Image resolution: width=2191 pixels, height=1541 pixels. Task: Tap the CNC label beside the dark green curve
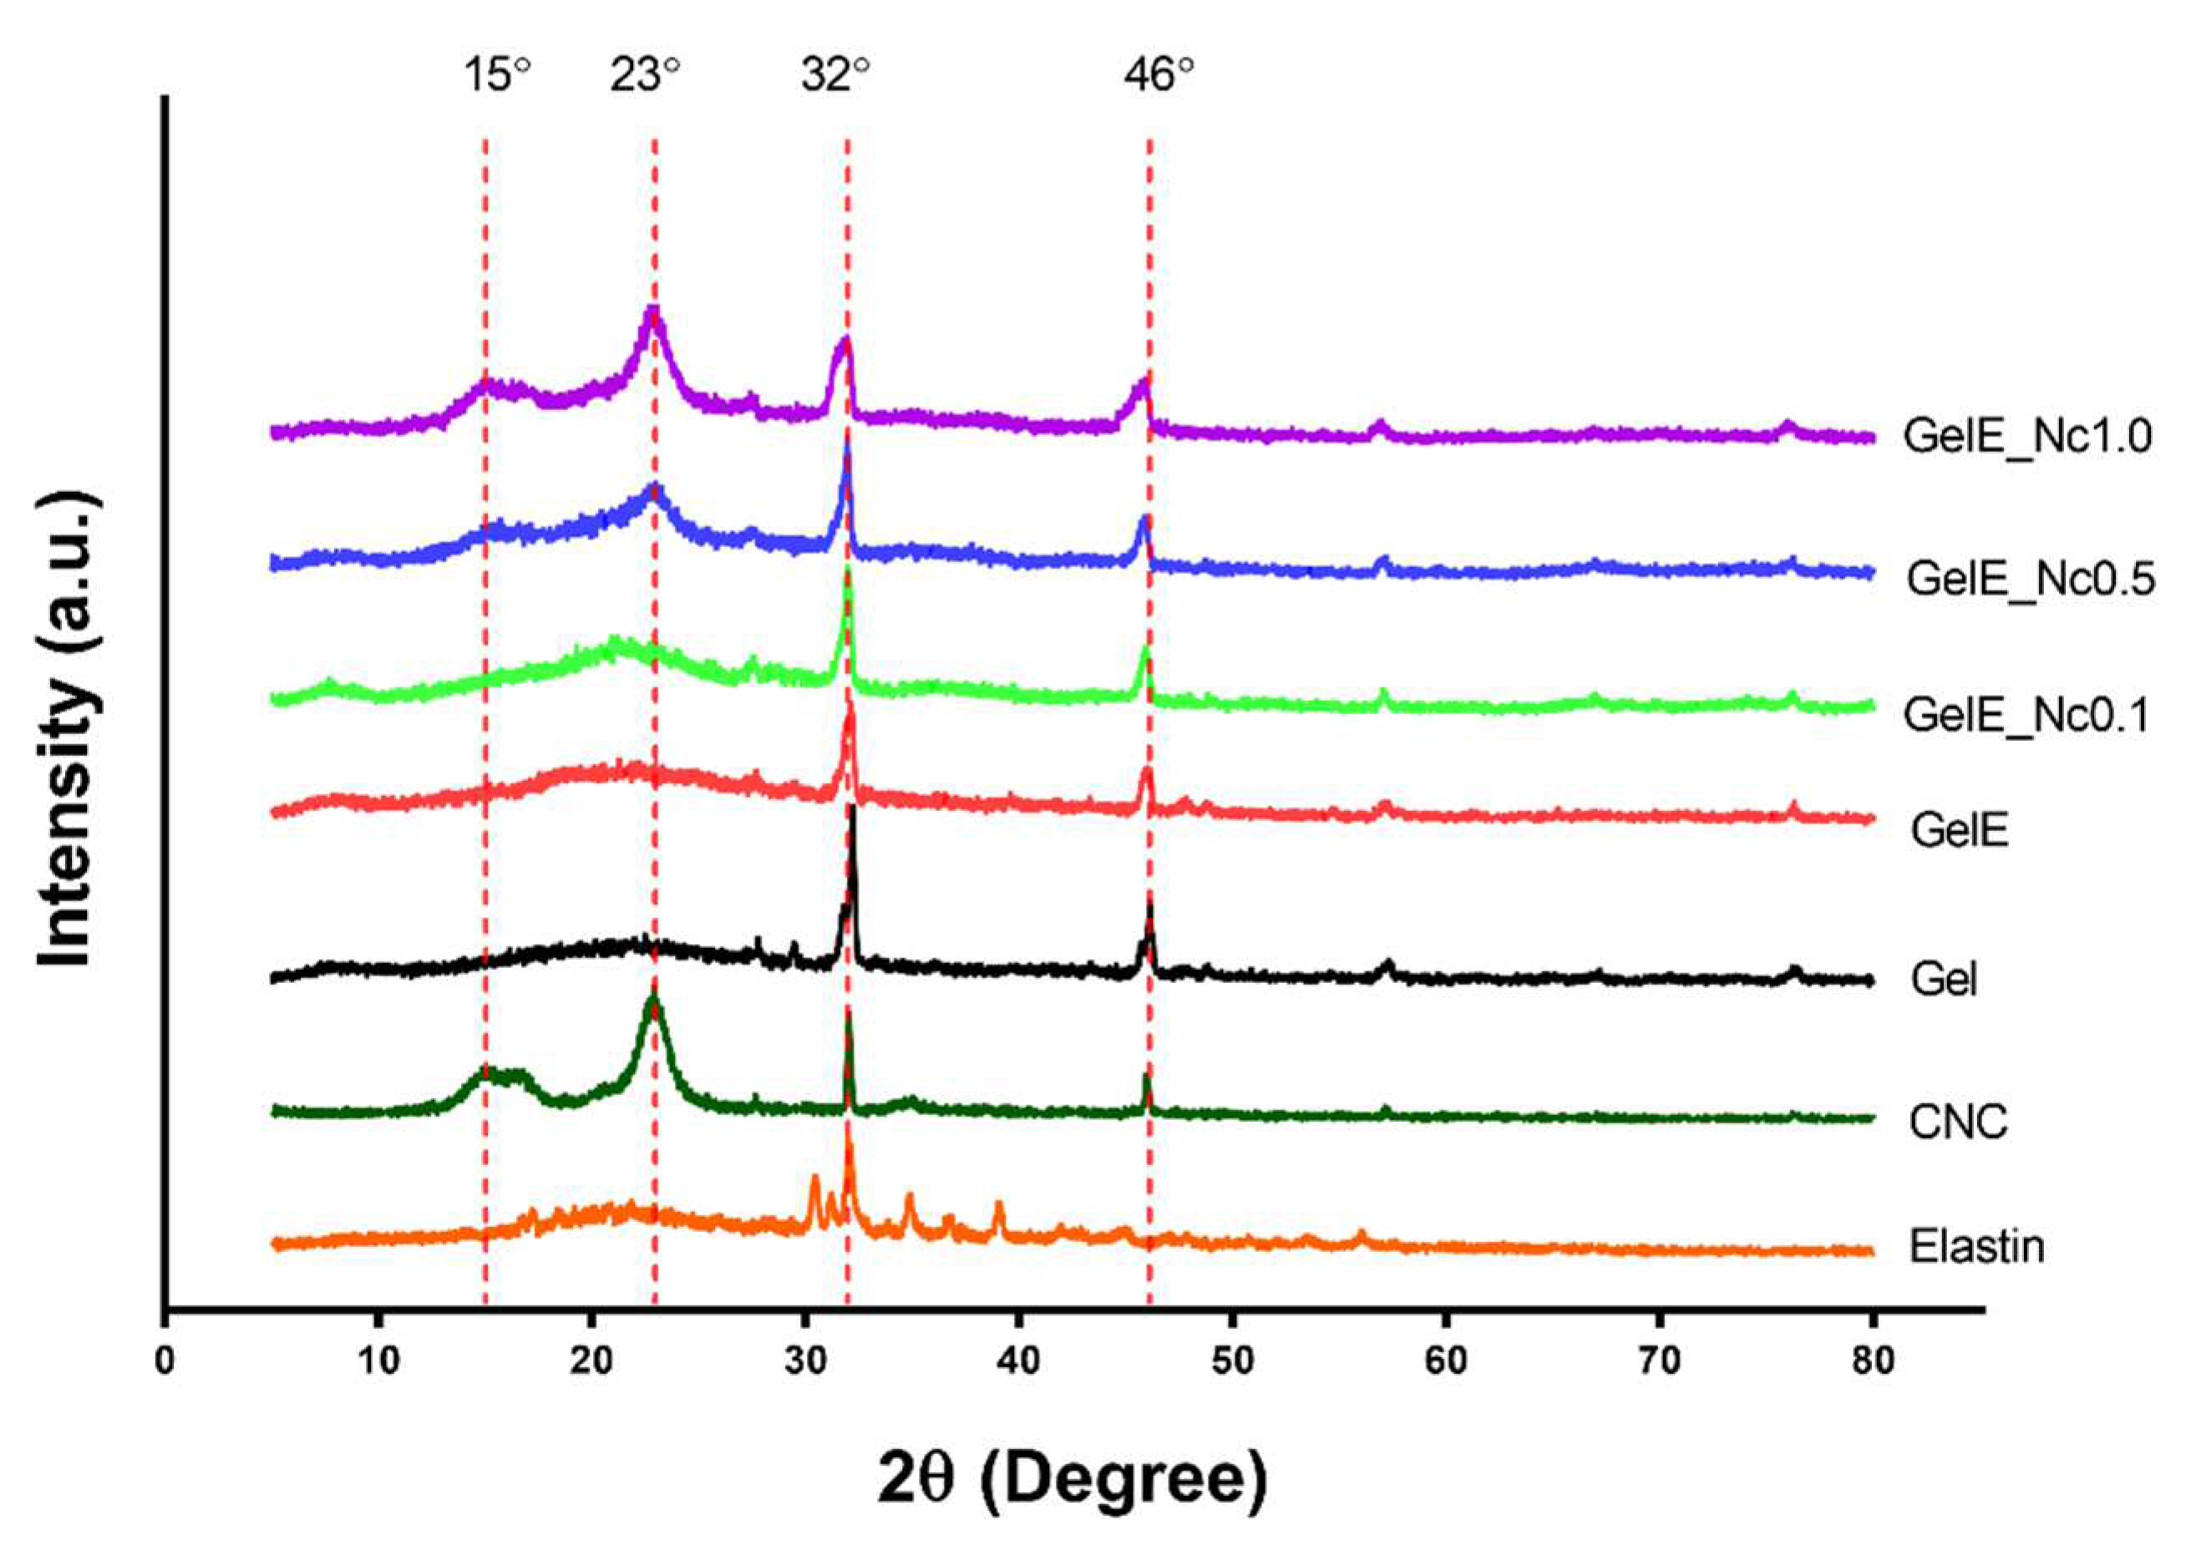(1958, 1122)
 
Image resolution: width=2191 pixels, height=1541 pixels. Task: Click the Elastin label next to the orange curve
(1977, 1247)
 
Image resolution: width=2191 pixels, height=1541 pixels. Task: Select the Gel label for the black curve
(1944, 980)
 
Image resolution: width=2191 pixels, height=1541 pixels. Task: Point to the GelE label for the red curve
(1959, 830)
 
